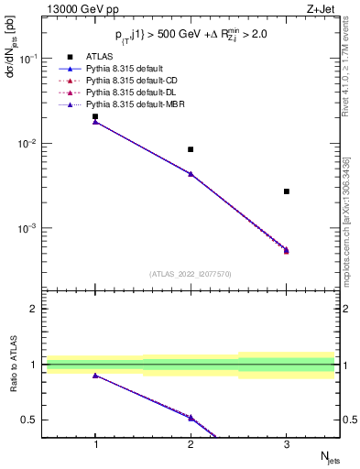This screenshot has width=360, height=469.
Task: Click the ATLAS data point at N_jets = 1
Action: click(x=95, y=117)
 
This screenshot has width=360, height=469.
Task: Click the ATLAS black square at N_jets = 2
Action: click(x=191, y=149)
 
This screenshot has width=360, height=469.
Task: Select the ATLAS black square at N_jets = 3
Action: click(x=287, y=191)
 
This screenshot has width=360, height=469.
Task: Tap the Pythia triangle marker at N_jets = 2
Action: click(x=191, y=173)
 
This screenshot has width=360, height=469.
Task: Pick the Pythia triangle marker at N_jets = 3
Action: click(x=287, y=249)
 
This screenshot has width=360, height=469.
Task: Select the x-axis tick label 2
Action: click(x=191, y=444)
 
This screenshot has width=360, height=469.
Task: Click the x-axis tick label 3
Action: click(x=287, y=444)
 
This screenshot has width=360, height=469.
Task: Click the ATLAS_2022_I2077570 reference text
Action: click(x=191, y=273)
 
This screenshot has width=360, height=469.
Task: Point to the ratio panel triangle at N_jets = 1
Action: click(x=95, y=376)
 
